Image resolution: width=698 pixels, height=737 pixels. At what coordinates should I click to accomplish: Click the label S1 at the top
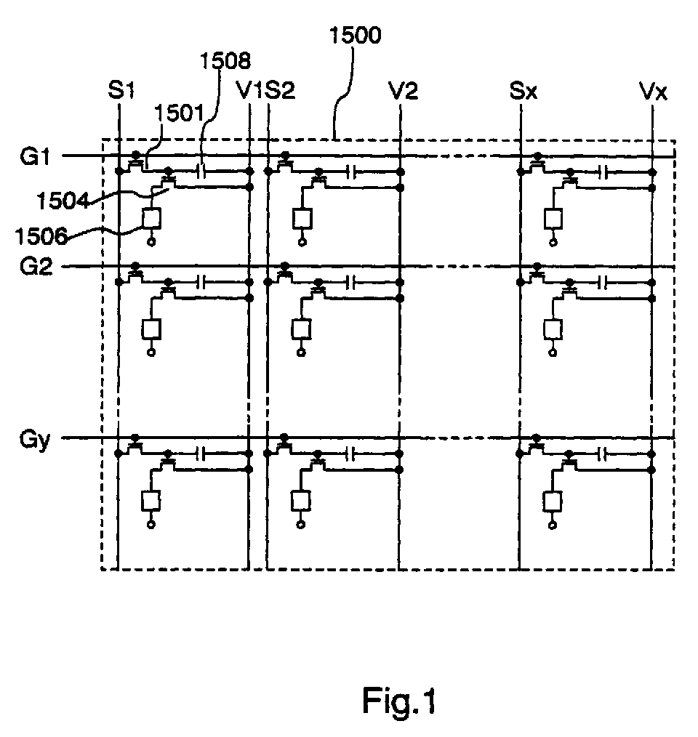121,90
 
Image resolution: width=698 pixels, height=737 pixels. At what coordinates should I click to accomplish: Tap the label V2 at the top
403,90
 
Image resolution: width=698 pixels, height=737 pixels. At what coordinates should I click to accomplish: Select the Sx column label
523,91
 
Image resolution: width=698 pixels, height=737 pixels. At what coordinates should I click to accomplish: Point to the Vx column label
653,91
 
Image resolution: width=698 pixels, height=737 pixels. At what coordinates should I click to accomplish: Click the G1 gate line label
35,156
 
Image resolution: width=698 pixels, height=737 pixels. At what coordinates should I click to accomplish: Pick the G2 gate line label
36,267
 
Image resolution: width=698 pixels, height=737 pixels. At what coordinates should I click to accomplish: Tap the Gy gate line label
34,440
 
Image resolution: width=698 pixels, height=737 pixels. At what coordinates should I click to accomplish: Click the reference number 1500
355,36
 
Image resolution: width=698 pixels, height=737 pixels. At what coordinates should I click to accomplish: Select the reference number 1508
226,61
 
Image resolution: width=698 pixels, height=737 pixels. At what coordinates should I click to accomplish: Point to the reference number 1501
180,113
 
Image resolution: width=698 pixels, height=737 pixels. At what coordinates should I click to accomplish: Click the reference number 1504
63,201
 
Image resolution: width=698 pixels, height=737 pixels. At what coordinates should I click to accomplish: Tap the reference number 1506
41,236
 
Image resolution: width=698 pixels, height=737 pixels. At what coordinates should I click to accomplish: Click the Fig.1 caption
399,701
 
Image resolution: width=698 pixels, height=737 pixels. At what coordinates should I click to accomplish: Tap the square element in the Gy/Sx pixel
553,501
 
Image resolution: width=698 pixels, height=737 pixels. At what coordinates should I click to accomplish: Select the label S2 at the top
281,90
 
